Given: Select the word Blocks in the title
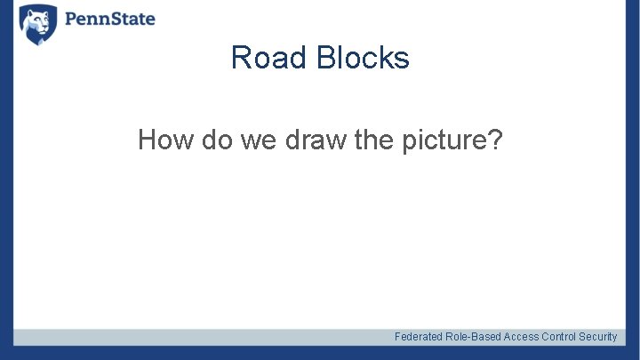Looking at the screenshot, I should (x=361, y=58).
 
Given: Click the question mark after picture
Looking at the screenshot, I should (x=494, y=140).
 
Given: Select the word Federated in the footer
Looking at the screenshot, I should (x=419, y=337).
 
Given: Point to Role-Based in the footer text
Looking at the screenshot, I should (x=473, y=337).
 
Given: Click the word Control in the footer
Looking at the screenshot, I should (x=559, y=337).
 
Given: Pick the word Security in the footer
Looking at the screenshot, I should (x=598, y=337).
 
